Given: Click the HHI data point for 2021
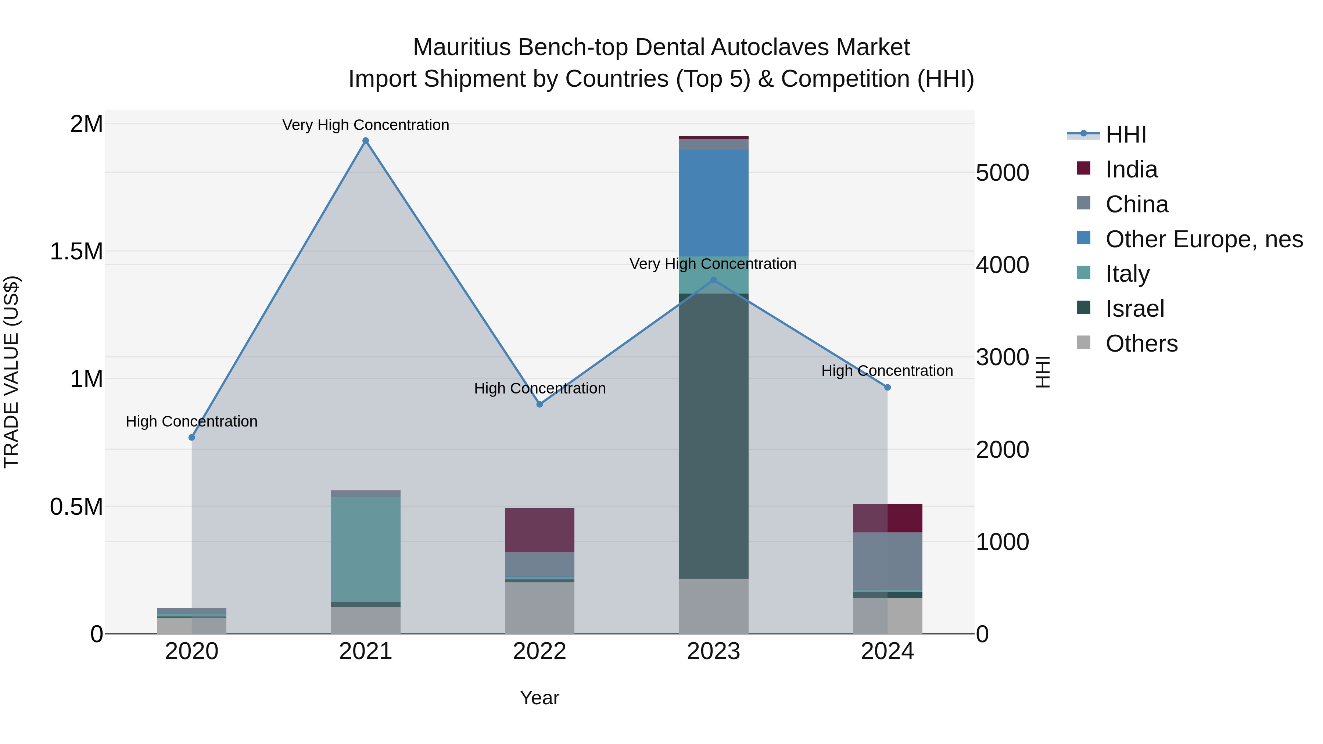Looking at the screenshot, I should click(x=366, y=141).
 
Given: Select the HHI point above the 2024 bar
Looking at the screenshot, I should click(x=887, y=387).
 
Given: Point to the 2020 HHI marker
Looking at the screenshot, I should click(x=191, y=438).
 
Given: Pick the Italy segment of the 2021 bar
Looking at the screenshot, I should click(x=366, y=549).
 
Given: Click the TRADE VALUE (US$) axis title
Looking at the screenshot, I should click(x=11, y=372).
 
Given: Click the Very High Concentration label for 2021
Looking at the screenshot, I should click(x=366, y=125).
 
